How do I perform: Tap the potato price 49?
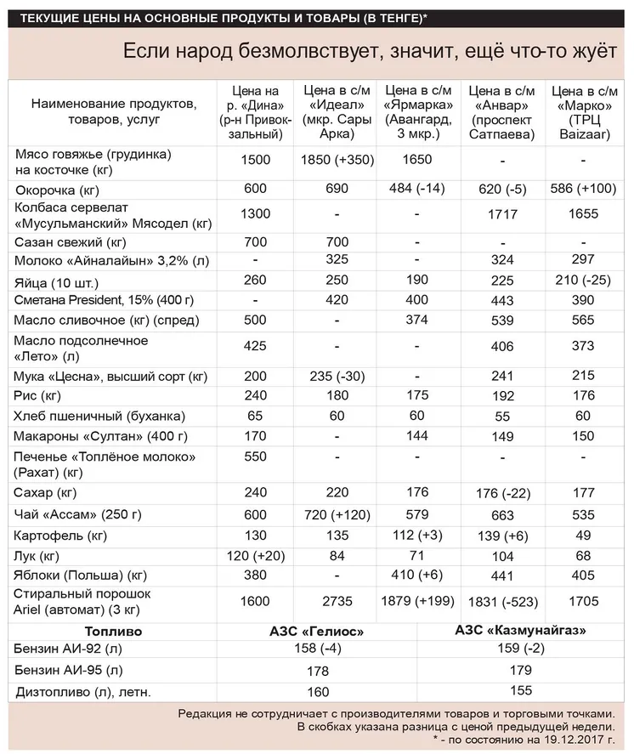(585, 535)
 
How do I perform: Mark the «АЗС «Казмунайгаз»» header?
(521, 631)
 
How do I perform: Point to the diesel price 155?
(520, 691)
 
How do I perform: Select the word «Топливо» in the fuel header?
(113, 632)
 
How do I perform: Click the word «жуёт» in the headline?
(589, 52)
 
